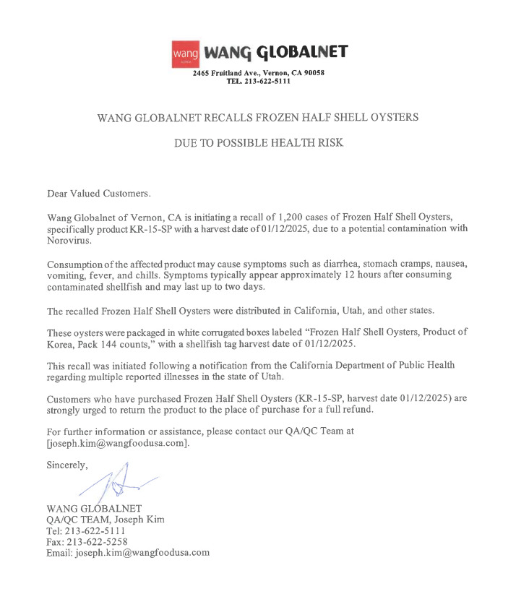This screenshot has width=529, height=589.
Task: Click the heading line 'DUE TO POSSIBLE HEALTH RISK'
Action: (258, 143)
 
